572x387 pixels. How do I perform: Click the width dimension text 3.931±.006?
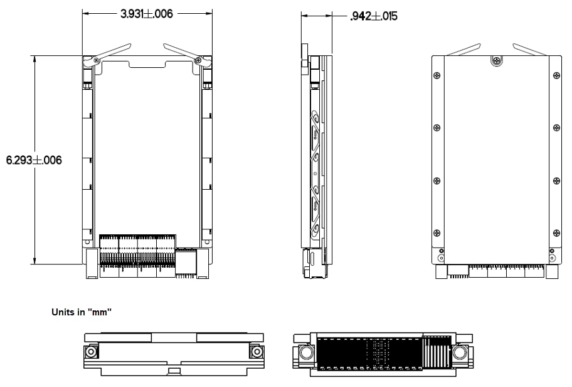(x=147, y=14)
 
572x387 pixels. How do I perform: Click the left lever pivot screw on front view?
(x=97, y=60)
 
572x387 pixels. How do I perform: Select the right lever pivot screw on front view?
(x=198, y=60)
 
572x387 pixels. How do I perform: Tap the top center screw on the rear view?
(x=497, y=60)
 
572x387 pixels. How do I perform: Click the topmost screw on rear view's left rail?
(x=437, y=75)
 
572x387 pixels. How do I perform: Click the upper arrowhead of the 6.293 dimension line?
(x=35, y=58)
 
